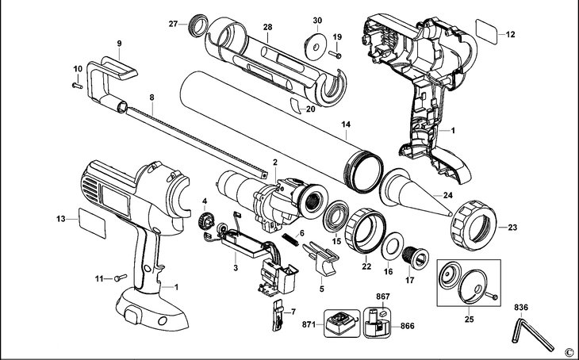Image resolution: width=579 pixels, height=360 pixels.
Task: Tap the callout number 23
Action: pyautogui.click(x=512, y=228)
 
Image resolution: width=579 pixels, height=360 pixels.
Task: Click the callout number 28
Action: pyautogui.click(x=268, y=28)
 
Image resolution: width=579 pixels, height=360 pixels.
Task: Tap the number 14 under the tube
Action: pyautogui.click(x=346, y=124)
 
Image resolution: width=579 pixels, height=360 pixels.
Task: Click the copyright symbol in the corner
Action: pyautogui.click(x=568, y=350)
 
